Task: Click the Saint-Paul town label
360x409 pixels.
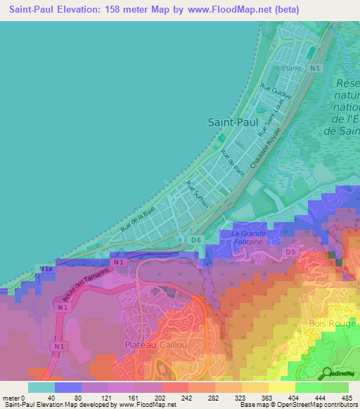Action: pyautogui.click(x=233, y=122)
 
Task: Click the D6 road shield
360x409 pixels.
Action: pyautogui.click(x=196, y=240)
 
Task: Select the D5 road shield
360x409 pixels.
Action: pyautogui.click(x=290, y=251)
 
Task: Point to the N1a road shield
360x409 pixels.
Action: pyautogui.click(x=46, y=269)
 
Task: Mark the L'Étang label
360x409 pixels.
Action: pyautogui.click(x=288, y=69)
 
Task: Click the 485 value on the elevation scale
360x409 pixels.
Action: pyautogui.click(x=345, y=397)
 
